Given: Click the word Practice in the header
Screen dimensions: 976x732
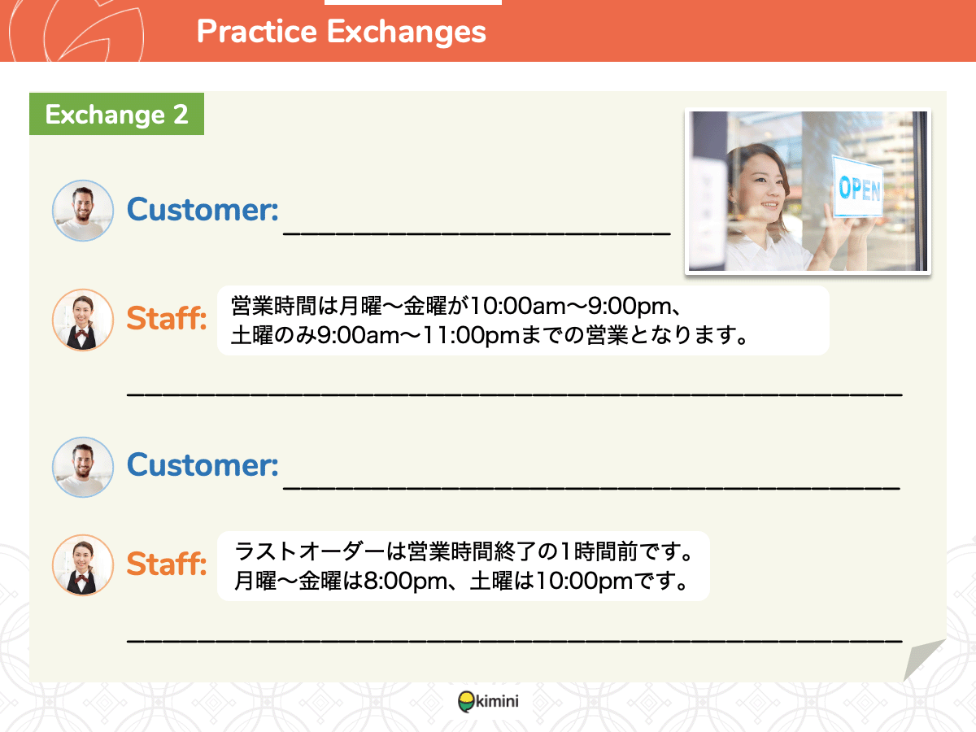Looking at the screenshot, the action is (257, 31).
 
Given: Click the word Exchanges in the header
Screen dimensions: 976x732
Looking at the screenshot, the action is (407, 32).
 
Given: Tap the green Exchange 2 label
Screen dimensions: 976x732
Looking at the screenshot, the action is (116, 114).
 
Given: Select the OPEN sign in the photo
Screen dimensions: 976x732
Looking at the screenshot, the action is (858, 187).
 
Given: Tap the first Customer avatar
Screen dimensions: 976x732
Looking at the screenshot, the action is (83, 211).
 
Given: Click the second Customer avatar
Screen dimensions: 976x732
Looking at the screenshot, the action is (83, 467).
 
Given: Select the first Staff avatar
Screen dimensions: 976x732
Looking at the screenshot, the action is (83, 320).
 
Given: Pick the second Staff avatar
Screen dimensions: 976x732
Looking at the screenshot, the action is (83, 565).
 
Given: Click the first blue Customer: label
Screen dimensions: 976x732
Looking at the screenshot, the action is (203, 209).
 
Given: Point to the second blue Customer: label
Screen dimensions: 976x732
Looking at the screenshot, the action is (203, 465).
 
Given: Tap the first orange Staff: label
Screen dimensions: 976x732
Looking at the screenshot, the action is (167, 318).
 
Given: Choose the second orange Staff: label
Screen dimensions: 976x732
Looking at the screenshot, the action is (167, 564).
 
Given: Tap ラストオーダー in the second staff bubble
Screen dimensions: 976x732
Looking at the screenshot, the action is (309, 552).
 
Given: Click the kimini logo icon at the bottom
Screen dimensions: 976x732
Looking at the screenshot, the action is (467, 701).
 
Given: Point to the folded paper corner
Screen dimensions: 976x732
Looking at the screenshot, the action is (923, 659).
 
